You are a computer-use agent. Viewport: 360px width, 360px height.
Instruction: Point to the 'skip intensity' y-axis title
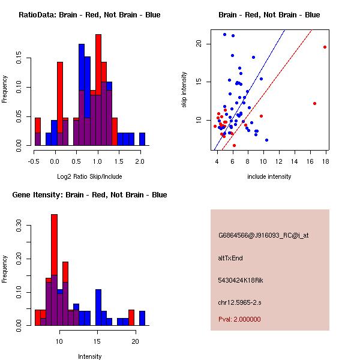point(184,90)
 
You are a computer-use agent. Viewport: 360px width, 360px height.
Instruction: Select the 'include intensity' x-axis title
point(269,176)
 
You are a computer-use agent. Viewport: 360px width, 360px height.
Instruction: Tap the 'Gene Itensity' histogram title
point(89,195)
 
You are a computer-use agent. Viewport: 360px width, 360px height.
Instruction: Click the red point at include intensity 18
point(325,47)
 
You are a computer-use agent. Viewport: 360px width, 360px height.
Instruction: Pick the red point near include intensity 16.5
point(314,103)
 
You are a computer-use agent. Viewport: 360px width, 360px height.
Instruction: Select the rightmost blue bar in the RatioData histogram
point(142,139)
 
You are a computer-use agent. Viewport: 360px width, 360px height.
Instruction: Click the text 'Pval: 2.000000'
point(239,319)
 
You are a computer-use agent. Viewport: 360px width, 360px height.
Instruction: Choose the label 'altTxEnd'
point(230,258)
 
